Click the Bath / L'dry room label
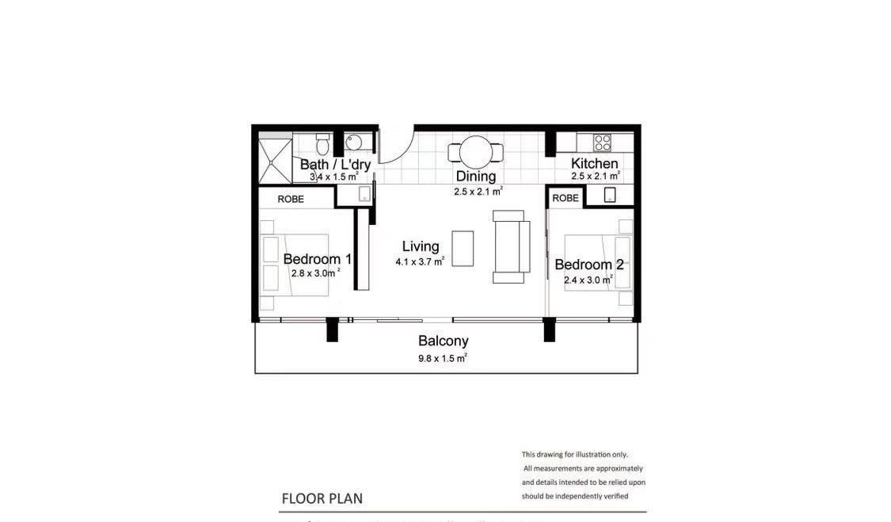tap(335, 164)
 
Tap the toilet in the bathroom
tap(322, 144)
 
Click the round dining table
tap(476, 152)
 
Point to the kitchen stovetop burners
tap(603, 142)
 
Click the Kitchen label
tap(594, 163)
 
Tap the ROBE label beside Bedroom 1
tap(291, 199)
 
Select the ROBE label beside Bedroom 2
tap(565, 198)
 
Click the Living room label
tap(421, 246)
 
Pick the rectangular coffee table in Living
tap(463, 249)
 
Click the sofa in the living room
tap(511, 246)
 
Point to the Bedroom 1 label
tap(317, 259)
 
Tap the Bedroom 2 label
tap(589, 265)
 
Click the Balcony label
tap(444, 341)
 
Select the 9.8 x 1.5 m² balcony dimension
tap(443, 358)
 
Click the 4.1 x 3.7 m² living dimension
tap(420, 262)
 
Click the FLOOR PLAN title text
tap(322, 499)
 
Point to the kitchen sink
tap(609, 195)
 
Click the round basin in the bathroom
tap(354, 142)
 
